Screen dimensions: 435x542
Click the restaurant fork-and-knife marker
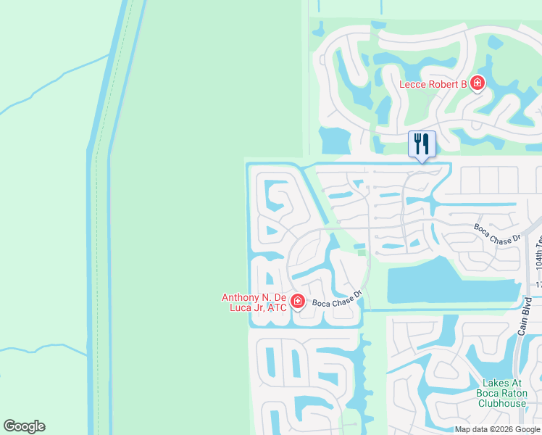pos(421,143)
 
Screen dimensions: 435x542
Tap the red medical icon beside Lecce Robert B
pos(477,84)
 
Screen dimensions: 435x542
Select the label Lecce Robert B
pos(433,84)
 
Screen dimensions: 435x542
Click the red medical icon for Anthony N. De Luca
pos(297,301)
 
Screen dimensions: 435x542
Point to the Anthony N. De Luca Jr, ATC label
pos(254,302)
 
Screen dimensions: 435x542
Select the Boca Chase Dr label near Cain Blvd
pos(498,232)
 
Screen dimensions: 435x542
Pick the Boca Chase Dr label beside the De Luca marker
pos(337,299)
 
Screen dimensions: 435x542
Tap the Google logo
pos(24,426)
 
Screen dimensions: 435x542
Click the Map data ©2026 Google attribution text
pos(498,429)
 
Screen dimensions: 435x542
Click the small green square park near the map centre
pos(361,253)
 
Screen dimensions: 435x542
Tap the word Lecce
pos(413,84)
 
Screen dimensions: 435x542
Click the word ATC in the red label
pos(277,307)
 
